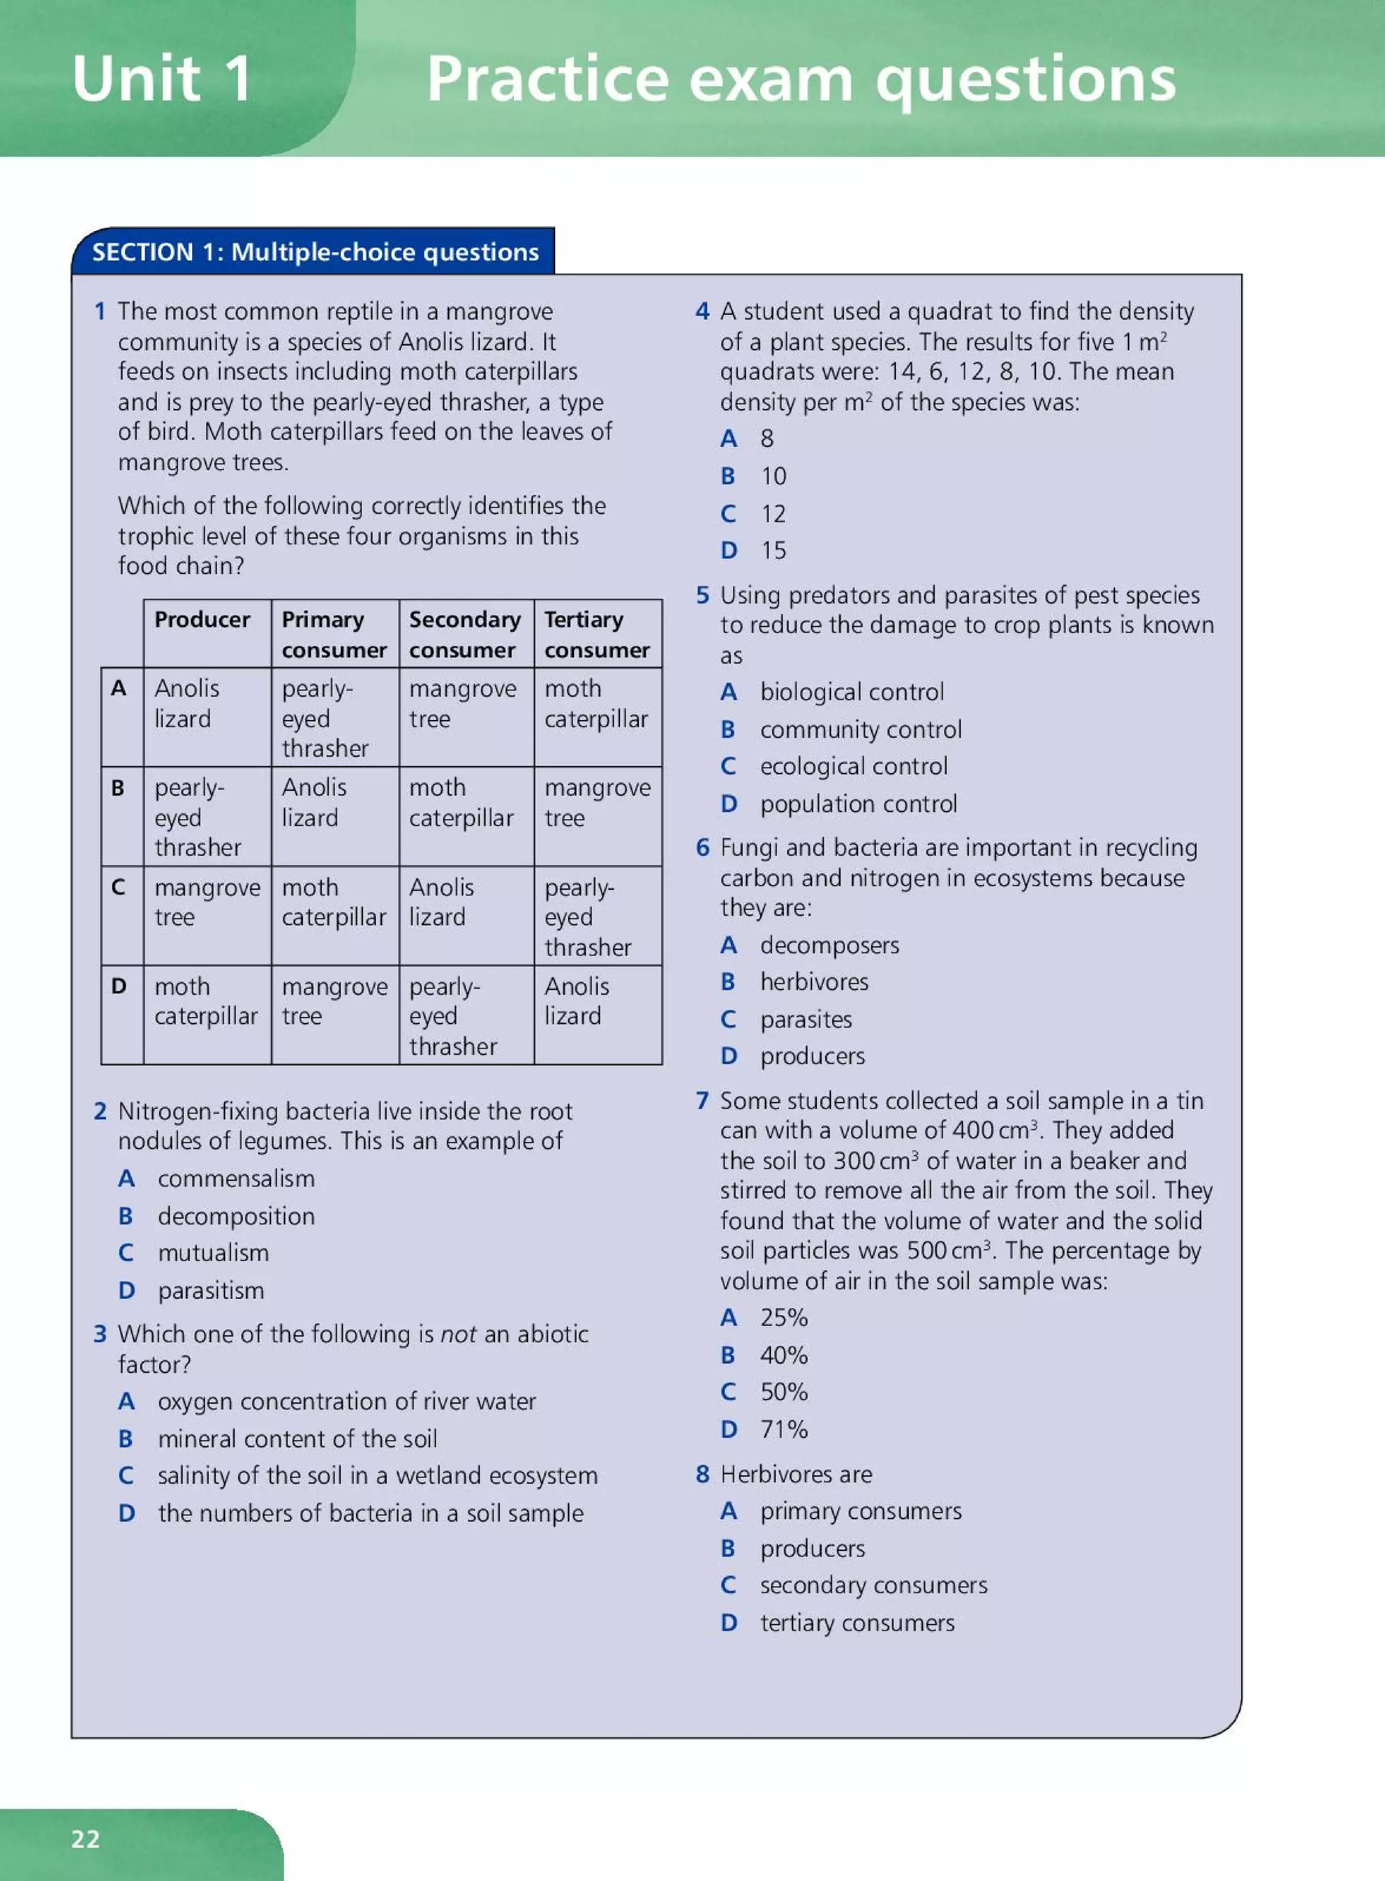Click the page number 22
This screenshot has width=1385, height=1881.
point(85,1838)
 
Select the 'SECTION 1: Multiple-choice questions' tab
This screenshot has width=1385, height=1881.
point(314,252)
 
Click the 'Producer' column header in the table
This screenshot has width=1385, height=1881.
point(202,619)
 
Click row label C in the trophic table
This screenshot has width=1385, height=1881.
point(118,887)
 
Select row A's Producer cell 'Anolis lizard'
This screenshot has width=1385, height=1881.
point(186,703)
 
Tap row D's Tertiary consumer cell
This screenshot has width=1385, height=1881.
point(576,1001)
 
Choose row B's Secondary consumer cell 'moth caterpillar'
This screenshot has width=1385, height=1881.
point(461,802)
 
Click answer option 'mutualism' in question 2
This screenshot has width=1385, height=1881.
point(213,1252)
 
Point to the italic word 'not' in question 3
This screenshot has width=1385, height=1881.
point(458,1333)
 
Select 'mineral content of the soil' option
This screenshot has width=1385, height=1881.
point(297,1438)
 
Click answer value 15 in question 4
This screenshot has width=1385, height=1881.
point(773,551)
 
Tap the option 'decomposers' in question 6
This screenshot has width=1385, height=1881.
point(829,945)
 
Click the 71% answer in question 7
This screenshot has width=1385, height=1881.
point(783,1429)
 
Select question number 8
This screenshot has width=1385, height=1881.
point(703,1473)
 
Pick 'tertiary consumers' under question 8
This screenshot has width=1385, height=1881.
point(857,1623)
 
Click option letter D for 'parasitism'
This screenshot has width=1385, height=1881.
point(126,1290)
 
